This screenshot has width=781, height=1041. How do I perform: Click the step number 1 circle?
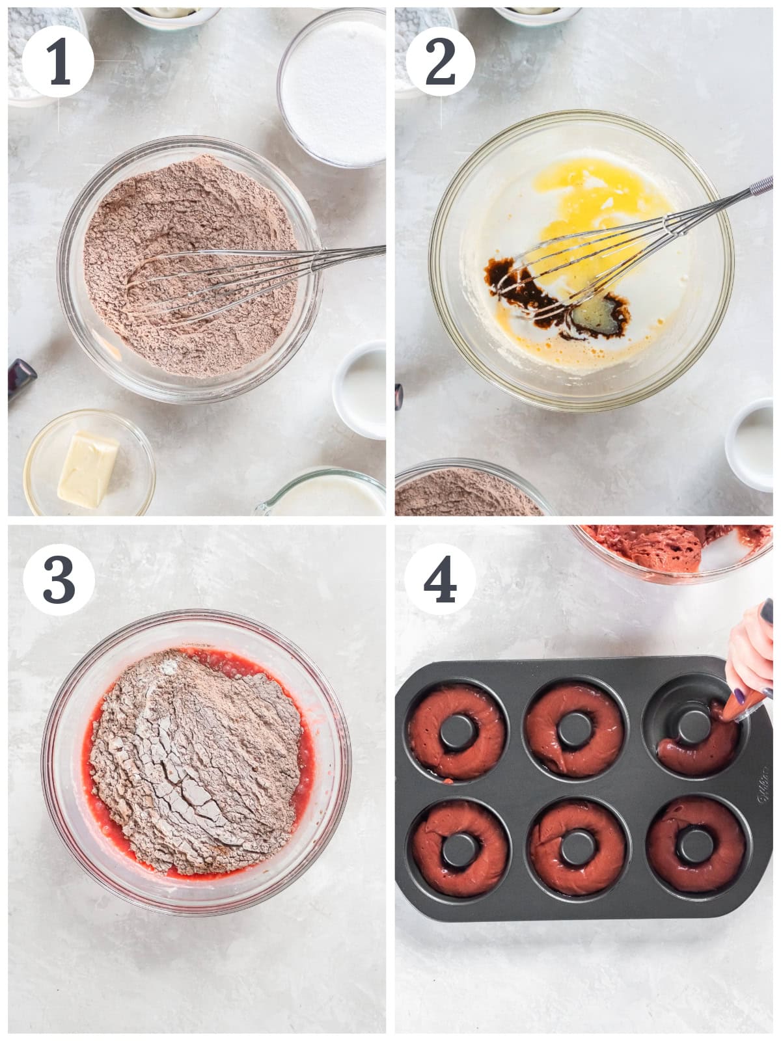[58, 62]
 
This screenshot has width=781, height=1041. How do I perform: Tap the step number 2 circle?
[441, 61]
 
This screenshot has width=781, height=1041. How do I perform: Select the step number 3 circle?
[59, 580]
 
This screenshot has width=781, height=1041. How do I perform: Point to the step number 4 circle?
[439, 579]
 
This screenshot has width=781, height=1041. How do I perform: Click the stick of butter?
[88, 470]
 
